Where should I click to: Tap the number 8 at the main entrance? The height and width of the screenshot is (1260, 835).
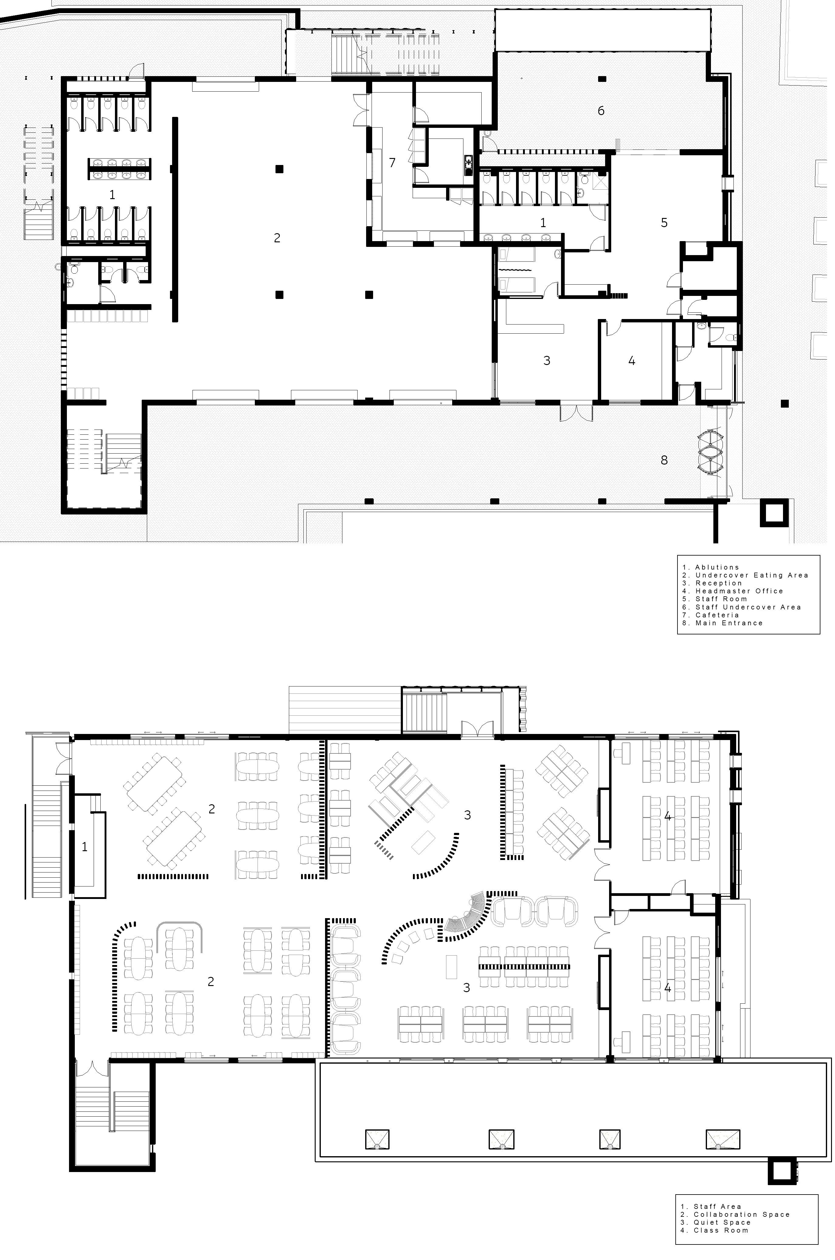tap(664, 460)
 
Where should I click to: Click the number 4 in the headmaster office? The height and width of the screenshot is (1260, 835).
tap(632, 361)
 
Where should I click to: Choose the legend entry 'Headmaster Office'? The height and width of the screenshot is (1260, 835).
tap(739, 591)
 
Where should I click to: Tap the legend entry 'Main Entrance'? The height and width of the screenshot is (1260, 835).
tap(729, 623)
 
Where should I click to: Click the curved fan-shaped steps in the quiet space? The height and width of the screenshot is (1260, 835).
tap(468, 914)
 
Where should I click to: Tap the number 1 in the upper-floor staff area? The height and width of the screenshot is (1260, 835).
tap(84, 846)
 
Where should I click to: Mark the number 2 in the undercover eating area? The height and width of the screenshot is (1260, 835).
tap(277, 238)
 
